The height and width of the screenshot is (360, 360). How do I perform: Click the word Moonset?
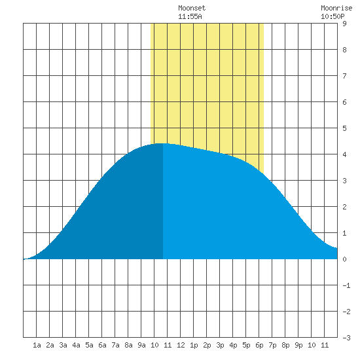click(x=192, y=8)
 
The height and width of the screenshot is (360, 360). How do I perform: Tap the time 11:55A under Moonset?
click(x=190, y=16)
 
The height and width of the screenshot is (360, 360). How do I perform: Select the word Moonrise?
click(x=336, y=8)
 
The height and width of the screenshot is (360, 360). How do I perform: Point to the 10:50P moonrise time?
click(x=333, y=16)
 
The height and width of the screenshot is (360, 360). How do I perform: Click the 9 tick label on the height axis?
click(x=344, y=24)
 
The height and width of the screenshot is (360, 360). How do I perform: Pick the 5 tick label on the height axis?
click(x=344, y=128)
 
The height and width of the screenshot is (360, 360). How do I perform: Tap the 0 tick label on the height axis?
click(x=344, y=259)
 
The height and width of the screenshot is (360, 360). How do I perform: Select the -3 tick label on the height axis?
click(x=346, y=338)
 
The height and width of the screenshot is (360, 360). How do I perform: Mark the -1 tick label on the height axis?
click(x=346, y=285)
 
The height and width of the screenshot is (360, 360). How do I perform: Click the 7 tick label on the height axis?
click(x=344, y=76)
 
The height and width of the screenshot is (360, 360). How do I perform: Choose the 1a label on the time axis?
click(x=37, y=345)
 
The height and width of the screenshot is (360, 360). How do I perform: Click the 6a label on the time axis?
click(x=102, y=345)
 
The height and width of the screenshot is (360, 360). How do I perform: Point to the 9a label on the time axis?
click(x=141, y=345)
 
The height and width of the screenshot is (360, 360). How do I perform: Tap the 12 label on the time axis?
click(x=181, y=345)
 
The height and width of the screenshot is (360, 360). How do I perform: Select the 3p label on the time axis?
click(x=220, y=345)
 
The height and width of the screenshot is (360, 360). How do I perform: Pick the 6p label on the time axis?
click(x=259, y=345)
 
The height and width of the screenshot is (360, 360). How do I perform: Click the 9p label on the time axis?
click(x=298, y=345)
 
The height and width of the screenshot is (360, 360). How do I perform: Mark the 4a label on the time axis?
click(x=76, y=345)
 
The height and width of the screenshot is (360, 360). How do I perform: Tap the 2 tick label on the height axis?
click(x=344, y=207)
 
